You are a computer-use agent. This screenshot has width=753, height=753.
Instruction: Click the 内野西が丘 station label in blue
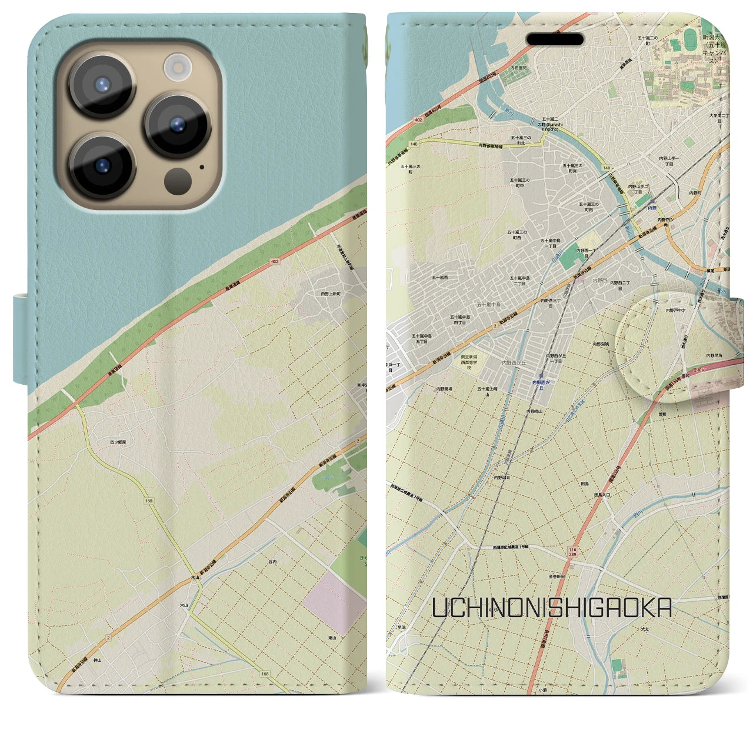[542, 383]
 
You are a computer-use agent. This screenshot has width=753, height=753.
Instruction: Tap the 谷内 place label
[272, 562]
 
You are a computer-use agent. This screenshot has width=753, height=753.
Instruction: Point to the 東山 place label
[332, 638]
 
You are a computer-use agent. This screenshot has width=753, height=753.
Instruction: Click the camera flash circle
[176, 66]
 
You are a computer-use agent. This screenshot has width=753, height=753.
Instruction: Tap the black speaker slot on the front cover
[555, 39]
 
